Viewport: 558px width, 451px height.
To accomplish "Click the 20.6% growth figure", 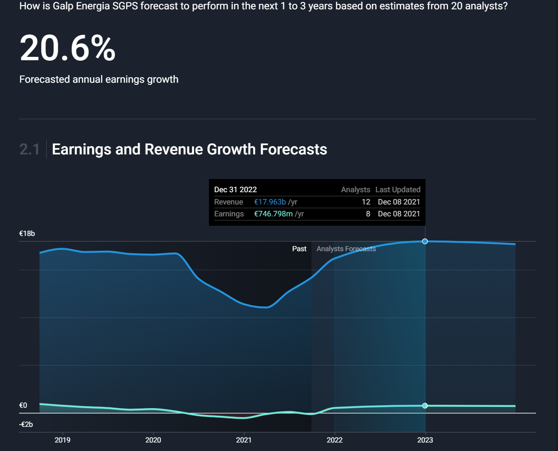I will coord(68,48).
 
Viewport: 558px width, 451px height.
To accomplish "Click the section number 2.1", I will coord(30,149).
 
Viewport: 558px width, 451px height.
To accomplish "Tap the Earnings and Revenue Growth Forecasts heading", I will coord(189,149).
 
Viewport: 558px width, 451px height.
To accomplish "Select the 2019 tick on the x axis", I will coord(62,440).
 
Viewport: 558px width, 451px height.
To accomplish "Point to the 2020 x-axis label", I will coord(153,440).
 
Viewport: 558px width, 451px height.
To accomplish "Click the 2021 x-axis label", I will coord(244,440).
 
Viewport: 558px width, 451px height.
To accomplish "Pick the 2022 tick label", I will coord(335,440).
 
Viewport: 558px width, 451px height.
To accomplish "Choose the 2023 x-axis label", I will coord(425,440).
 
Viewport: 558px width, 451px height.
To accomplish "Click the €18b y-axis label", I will coord(27,233).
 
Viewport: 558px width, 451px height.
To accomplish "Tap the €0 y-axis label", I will coord(23,405).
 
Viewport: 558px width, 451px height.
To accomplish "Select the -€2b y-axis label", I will coord(26,424).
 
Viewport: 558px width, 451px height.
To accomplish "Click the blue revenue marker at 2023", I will coord(425,241).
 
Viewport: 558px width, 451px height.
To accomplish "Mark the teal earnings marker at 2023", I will coord(425,406).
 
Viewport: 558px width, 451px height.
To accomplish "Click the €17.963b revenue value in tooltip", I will coord(270,202).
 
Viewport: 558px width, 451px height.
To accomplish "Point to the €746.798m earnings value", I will coord(273,214).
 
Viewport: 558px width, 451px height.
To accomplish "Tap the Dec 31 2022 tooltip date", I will coord(235,190).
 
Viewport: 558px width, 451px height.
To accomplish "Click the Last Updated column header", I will coord(398,190).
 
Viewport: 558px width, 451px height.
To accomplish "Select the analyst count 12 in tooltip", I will coord(366,202).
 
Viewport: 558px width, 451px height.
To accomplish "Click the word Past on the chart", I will coord(299,249).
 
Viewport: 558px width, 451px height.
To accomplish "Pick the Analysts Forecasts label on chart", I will coord(346,249).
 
